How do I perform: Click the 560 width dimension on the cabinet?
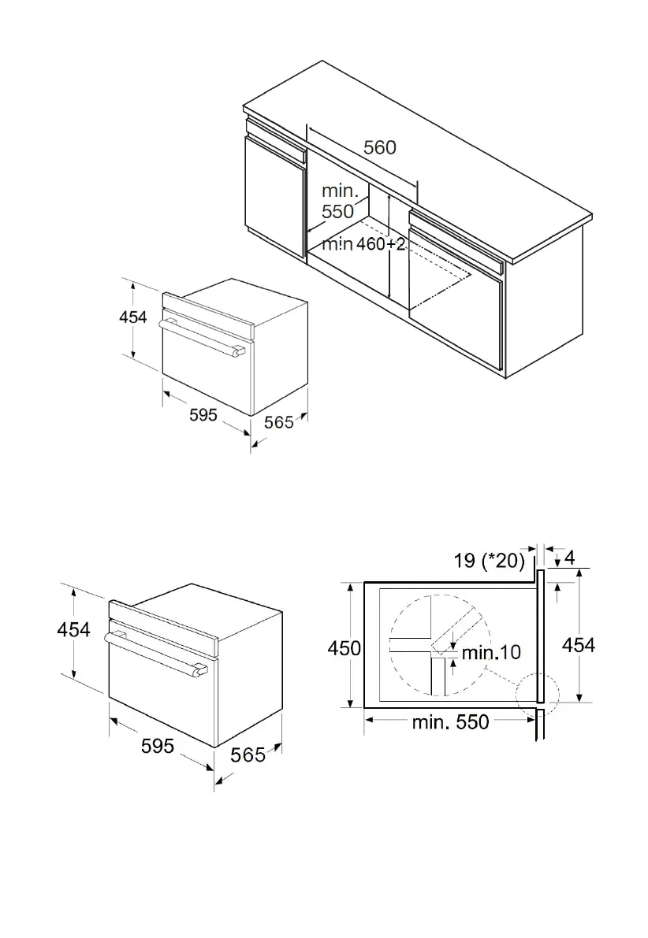point(379,147)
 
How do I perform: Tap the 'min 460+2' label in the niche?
point(363,244)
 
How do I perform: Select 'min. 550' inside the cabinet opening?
point(338,202)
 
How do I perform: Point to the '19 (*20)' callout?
point(489,560)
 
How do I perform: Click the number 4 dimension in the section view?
point(569,557)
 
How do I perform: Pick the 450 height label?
point(344,648)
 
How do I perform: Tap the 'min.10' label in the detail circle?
point(490,652)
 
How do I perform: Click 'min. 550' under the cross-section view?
point(450,721)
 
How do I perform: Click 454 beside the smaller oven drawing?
point(133,317)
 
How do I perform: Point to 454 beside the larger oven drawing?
point(73,629)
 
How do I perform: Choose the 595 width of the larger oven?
point(158,745)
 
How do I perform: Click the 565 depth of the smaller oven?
point(278,422)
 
